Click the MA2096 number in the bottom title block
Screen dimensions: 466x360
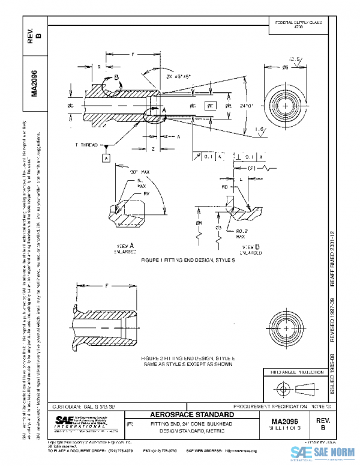click(x=288, y=422)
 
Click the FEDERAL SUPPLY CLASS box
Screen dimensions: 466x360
click(x=298, y=25)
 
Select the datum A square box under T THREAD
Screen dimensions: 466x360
click(x=106, y=158)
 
